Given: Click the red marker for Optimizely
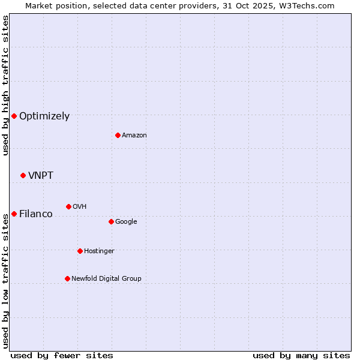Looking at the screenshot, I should (x=14, y=116).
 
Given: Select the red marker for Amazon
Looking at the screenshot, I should (x=118, y=135).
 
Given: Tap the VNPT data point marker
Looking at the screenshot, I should (x=23, y=175).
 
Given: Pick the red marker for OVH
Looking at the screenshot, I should (x=68, y=206).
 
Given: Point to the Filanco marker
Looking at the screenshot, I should (x=14, y=214).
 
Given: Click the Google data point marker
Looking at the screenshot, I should (x=111, y=221).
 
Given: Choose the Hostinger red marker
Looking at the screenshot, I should (x=80, y=251).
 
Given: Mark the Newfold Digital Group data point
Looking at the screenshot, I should (x=67, y=278).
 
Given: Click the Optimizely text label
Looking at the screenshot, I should (x=44, y=116).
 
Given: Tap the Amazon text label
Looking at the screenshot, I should (x=134, y=135).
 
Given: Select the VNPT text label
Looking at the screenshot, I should (x=41, y=175).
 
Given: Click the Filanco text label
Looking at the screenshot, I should (x=36, y=214).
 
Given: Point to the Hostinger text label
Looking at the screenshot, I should (x=99, y=251).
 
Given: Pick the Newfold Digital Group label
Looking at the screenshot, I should (x=106, y=278).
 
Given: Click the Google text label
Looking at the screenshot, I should (x=126, y=221).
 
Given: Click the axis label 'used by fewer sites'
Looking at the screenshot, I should (x=61, y=355).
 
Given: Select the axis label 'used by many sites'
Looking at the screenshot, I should (x=301, y=355).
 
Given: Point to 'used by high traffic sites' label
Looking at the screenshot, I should (x=5, y=85).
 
